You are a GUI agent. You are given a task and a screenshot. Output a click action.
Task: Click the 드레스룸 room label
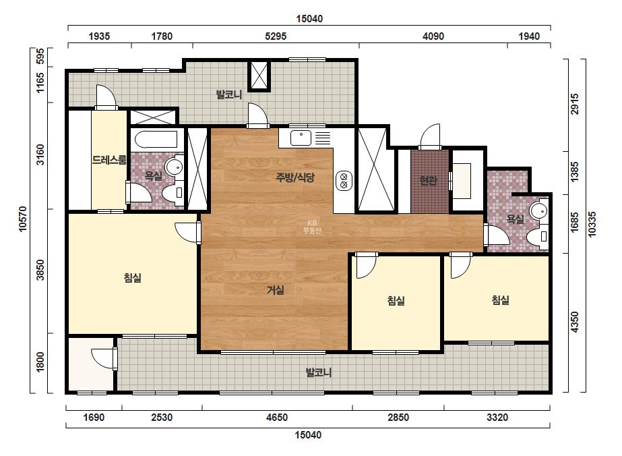pyautogui.click(x=109, y=160)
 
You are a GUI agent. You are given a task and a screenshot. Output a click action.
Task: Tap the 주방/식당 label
pyautogui.click(x=295, y=177)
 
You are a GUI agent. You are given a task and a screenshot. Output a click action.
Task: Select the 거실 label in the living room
pyautogui.click(x=276, y=290)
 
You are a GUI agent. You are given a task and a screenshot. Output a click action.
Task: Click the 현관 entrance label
pyautogui.click(x=429, y=180)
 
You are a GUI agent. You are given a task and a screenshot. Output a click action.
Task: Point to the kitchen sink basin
pyautogui.click(x=301, y=138)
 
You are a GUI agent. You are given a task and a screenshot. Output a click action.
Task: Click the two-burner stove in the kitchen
pyautogui.click(x=344, y=180)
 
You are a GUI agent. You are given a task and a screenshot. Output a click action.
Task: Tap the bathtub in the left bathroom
pyautogui.click(x=156, y=140)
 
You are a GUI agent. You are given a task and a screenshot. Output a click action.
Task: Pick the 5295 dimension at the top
pyautogui.click(x=276, y=36)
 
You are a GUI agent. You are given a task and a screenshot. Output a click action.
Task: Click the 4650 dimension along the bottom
pyautogui.click(x=277, y=418)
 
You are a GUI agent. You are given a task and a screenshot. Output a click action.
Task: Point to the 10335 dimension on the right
pyautogui.click(x=592, y=225)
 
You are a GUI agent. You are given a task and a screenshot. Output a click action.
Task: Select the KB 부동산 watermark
pyautogui.click(x=312, y=227)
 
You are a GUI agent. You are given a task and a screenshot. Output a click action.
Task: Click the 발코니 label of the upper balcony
pyautogui.click(x=229, y=95)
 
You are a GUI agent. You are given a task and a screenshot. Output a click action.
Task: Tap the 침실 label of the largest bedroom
pyautogui.click(x=133, y=278)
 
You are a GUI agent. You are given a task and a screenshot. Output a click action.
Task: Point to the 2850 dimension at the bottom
pyautogui.click(x=398, y=418)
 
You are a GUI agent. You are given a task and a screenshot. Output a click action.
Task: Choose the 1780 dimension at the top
pyautogui.click(x=162, y=36)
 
